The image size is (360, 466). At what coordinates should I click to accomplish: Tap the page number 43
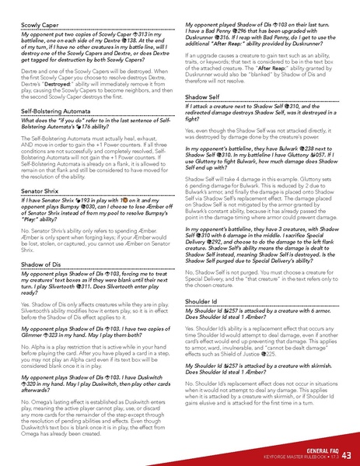(x=346, y=454)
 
